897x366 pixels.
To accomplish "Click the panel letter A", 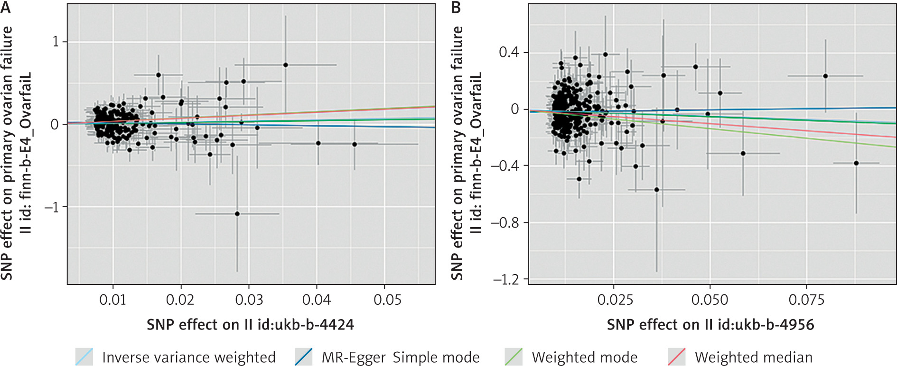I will coord(6,7).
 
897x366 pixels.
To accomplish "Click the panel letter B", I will coord(456,7).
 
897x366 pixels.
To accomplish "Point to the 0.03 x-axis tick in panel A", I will coord(249,300).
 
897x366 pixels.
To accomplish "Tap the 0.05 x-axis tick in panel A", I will coord(387,300).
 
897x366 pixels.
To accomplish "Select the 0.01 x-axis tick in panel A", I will coord(112,300).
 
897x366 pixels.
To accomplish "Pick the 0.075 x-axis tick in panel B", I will coord(806,300).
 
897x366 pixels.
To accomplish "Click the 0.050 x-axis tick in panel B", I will coord(710,300).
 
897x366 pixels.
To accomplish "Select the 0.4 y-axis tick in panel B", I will coord(509,52).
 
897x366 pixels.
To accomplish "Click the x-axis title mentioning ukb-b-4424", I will coord(250,325).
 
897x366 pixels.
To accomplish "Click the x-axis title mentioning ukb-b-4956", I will coord(710,325).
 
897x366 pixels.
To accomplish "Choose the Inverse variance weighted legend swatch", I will coord(84,357).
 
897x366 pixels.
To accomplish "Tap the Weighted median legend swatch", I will coord(676,357).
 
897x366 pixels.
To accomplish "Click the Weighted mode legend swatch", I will coord(514,357).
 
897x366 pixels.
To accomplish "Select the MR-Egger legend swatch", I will coord(303,357).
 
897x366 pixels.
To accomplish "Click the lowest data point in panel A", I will coord(237,214).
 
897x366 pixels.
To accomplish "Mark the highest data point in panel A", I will coord(286,65).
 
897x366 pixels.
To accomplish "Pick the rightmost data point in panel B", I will coord(856,163).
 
